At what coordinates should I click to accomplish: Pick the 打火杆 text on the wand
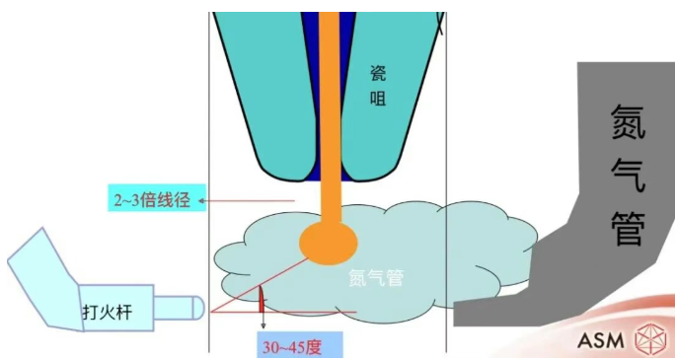[x=106, y=313]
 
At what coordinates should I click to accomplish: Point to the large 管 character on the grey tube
[x=626, y=226]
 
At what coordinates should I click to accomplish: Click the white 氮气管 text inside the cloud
[x=376, y=277]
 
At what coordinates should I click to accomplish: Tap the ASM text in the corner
[x=601, y=341]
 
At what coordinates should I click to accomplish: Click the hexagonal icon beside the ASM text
[x=649, y=341]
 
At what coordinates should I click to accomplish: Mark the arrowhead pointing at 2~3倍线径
[x=201, y=201]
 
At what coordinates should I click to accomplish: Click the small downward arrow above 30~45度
[x=263, y=323]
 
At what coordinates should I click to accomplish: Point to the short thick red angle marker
[x=262, y=298]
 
